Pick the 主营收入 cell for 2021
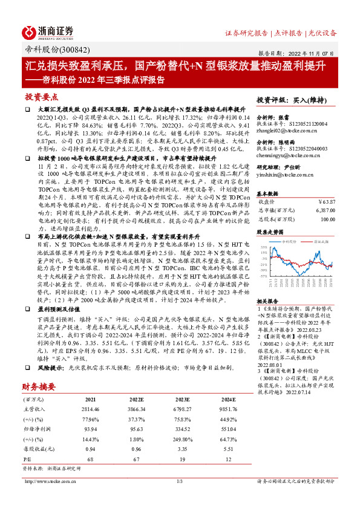click(x=89, y=393)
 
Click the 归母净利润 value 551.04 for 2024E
click(x=227, y=413)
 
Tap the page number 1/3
click(x=180, y=481)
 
